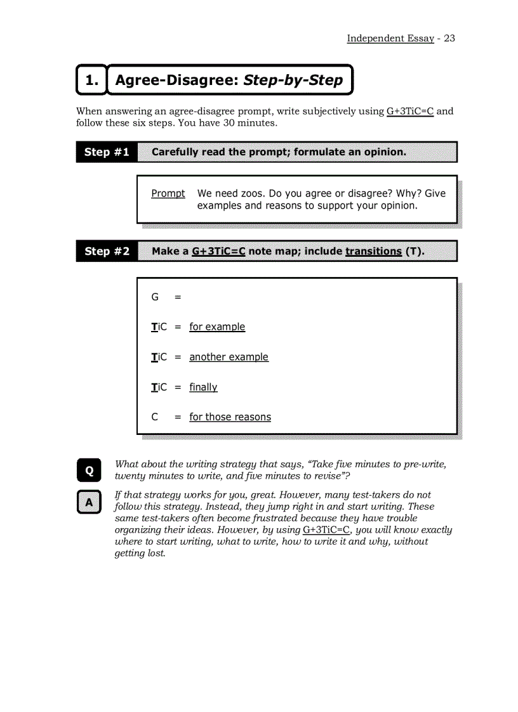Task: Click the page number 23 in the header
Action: pos(449,38)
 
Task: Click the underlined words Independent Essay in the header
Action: pos(390,38)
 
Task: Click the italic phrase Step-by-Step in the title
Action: pos(293,80)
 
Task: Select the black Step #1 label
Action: pos(107,152)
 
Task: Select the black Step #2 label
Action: pos(107,251)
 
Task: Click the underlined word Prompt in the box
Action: pos(168,193)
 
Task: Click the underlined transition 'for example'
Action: pos(217,327)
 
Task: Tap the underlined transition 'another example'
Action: pos(229,357)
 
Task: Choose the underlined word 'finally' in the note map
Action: pos(203,387)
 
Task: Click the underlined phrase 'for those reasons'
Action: pos(230,417)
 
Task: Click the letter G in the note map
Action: pos(155,297)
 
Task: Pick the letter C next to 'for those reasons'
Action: pos(155,417)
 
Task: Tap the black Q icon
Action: pos(89,470)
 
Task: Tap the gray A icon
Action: pos(89,502)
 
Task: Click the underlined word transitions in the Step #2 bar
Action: pos(373,251)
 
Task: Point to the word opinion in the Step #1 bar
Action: pos(383,152)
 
